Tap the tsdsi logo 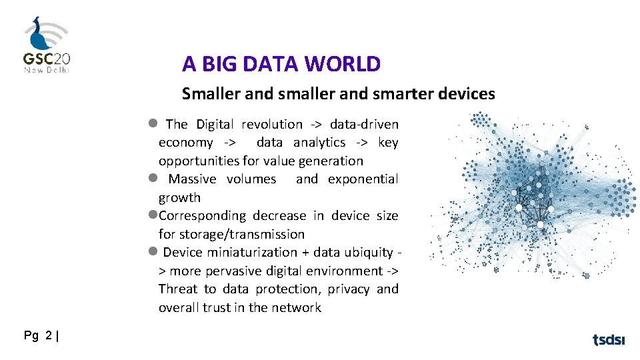[x=609, y=340]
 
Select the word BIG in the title [x=219, y=64]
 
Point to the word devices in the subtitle [x=467, y=94]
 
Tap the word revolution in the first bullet [x=272, y=124]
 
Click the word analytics [x=319, y=142]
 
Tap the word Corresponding [x=202, y=215]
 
